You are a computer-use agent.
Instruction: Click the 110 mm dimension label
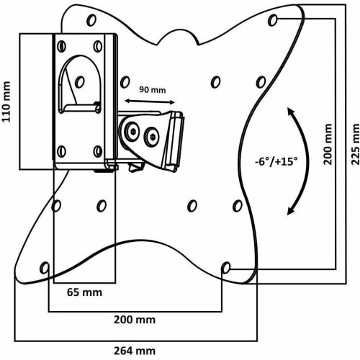tap(6, 102)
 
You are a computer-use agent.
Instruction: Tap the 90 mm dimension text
tap(153, 90)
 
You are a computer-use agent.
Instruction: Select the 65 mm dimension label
tap(84, 292)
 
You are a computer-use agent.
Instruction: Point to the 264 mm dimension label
tap(135, 351)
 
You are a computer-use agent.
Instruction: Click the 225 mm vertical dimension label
tap(356, 144)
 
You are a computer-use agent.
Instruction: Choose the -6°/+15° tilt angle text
tap(276, 161)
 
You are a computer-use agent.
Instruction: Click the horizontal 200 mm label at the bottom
tap(135, 320)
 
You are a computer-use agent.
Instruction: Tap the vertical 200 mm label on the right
tap(328, 144)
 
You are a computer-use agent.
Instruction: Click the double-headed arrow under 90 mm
tap(150, 102)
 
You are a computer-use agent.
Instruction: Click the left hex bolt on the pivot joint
tap(132, 131)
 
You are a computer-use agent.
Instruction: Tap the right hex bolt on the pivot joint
tap(153, 138)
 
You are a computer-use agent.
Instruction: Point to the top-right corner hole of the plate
tap(273, 20)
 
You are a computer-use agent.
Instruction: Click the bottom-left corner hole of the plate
tap(45, 268)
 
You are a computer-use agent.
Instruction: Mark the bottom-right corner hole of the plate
tap(225, 268)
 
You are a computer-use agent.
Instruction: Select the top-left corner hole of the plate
tap(91, 20)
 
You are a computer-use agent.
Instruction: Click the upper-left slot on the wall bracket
tap(62, 46)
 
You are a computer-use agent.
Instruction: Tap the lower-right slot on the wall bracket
tap(98, 151)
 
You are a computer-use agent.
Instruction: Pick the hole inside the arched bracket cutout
tap(80, 82)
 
